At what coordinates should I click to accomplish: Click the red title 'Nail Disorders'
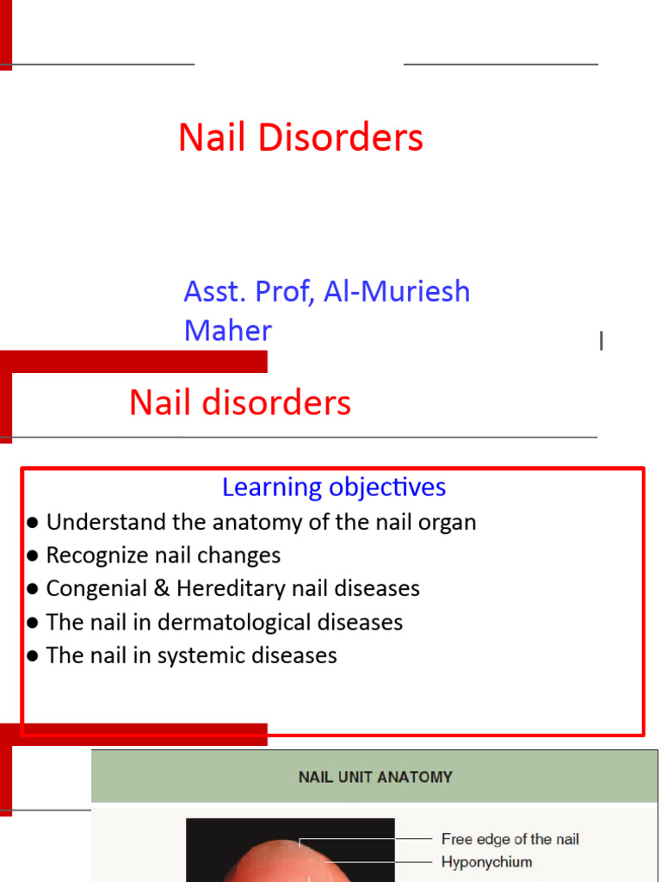300,138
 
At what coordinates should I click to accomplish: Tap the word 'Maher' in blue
227,331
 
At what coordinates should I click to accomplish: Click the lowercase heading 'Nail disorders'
240,403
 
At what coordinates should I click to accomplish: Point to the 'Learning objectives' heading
334,488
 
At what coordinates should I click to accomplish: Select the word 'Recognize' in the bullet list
88,556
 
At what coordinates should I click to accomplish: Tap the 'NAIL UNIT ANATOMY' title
375,777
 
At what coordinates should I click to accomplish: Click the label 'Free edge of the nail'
510,839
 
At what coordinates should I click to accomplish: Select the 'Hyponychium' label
486,861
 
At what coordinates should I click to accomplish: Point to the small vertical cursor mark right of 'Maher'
601,342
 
